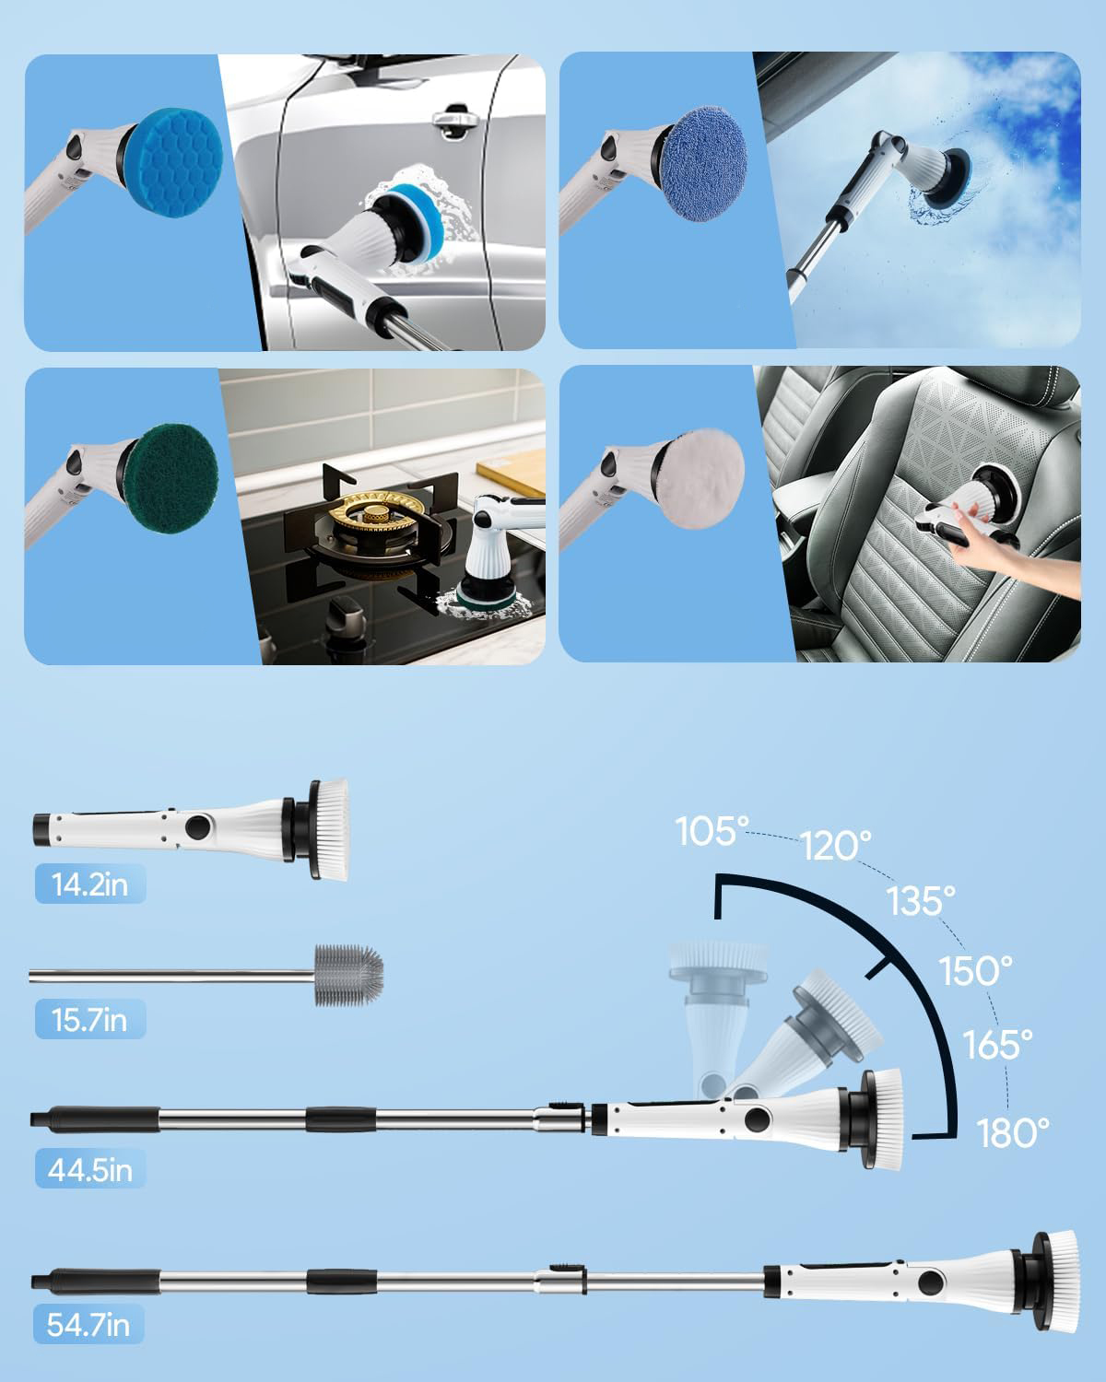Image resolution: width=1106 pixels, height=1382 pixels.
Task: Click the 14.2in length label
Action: (x=90, y=884)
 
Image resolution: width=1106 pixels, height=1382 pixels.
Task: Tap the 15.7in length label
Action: (x=90, y=1019)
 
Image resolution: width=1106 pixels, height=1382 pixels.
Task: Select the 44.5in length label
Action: (x=90, y=1169)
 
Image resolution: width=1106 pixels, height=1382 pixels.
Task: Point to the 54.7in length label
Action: (x=88, y=1325)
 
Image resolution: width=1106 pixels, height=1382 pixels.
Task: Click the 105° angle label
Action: (x=712, y=831)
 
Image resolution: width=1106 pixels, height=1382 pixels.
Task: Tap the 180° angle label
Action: (x=1012, y=1133)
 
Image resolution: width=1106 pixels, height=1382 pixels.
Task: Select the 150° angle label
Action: (x=975, y=970)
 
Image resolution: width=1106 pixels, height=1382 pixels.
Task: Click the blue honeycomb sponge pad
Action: (x=173, y=162)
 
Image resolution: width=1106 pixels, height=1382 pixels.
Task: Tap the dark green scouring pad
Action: (x=171, y=478)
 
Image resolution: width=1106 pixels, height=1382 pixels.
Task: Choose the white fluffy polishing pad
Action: (x=700, y=478)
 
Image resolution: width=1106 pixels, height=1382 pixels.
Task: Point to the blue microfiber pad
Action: (x=703, y=164)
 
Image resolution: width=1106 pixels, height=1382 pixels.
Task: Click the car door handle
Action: (x=455, y=122)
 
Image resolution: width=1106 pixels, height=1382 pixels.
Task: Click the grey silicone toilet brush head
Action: (x=349, y=975)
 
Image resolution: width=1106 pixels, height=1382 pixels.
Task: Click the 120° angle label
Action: (x=836, y=846)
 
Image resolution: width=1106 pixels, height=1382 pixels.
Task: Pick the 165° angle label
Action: (x=997, y=1044)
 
